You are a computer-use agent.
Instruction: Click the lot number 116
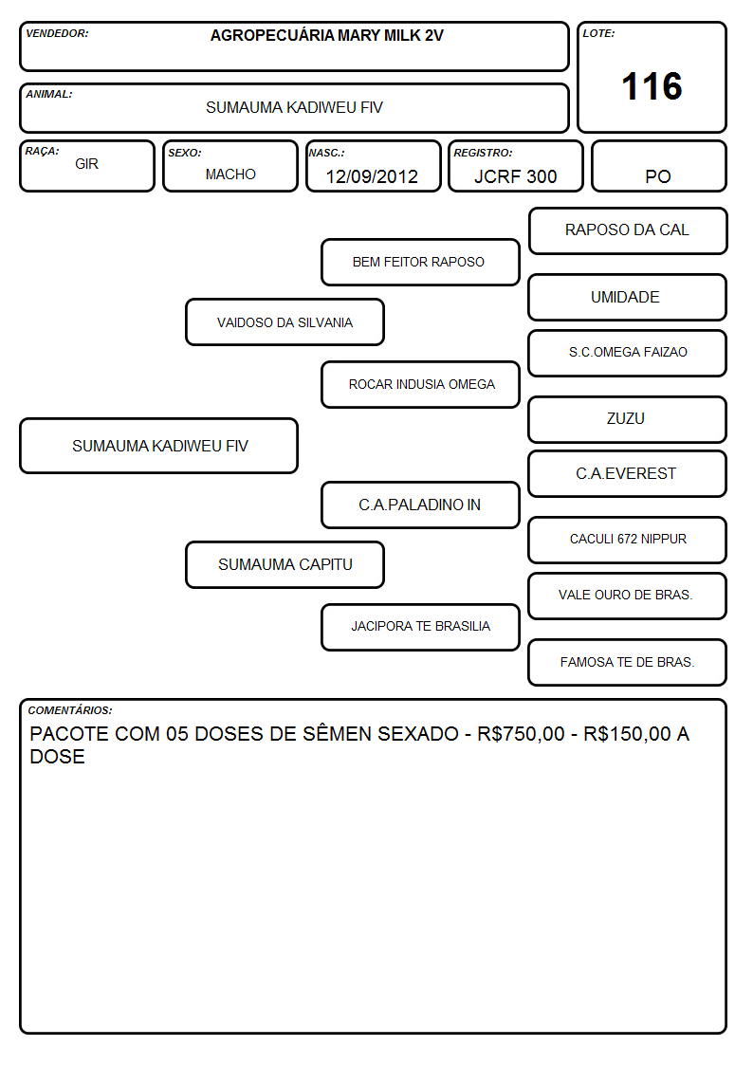652,86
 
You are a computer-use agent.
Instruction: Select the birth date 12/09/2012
372,176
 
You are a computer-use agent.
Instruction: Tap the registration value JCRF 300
515,176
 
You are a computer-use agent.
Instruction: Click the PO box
658,166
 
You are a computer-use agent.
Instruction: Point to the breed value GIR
87,164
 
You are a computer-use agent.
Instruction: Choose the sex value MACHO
230,174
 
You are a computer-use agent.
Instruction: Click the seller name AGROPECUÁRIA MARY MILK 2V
326,35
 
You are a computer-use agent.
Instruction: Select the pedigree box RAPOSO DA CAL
628,231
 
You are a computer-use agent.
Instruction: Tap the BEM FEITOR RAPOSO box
420,262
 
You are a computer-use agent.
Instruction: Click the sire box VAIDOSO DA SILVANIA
285,321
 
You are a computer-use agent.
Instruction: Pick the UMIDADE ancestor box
628,297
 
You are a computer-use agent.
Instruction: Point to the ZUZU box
628,420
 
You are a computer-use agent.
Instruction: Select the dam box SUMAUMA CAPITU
285,564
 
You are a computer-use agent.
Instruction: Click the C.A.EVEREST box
628,473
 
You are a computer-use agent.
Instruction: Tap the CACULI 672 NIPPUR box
628,540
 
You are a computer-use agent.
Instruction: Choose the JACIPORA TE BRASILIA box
420,627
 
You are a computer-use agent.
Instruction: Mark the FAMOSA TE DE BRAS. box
628,662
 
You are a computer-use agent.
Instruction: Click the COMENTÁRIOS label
70,710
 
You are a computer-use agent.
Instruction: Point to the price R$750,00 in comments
521,734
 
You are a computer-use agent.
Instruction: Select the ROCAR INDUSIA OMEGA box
420,384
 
